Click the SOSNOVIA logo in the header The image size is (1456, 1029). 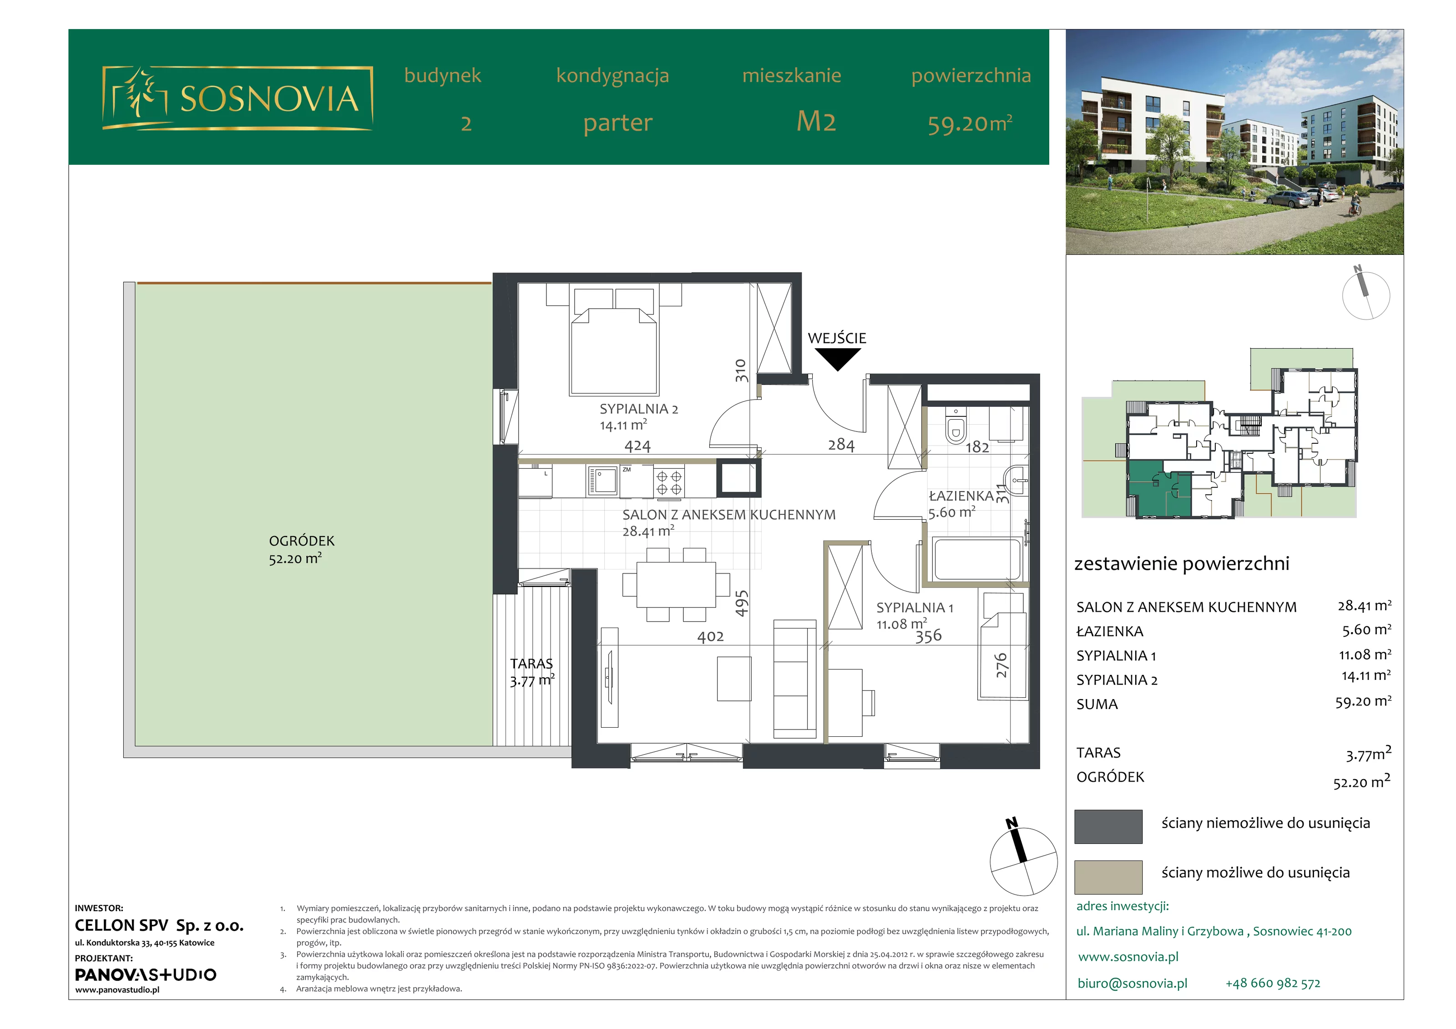tap(237, 98)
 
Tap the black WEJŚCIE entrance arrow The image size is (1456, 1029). tap(837, 359)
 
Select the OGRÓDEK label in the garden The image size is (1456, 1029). tap(301, 541)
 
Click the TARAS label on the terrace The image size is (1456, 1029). tap(531, 664)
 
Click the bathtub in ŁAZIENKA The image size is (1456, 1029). tap(976, 559)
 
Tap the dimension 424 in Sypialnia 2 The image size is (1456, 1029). tap(637, 446)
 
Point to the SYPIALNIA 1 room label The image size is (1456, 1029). tap(915, 608)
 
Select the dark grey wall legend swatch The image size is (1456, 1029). tap(1108, 826)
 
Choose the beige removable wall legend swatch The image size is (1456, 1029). tap(1108, 877)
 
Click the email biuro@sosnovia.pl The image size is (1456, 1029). tap(1132, 983)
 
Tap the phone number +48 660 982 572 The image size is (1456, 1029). tap(1273, 983)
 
